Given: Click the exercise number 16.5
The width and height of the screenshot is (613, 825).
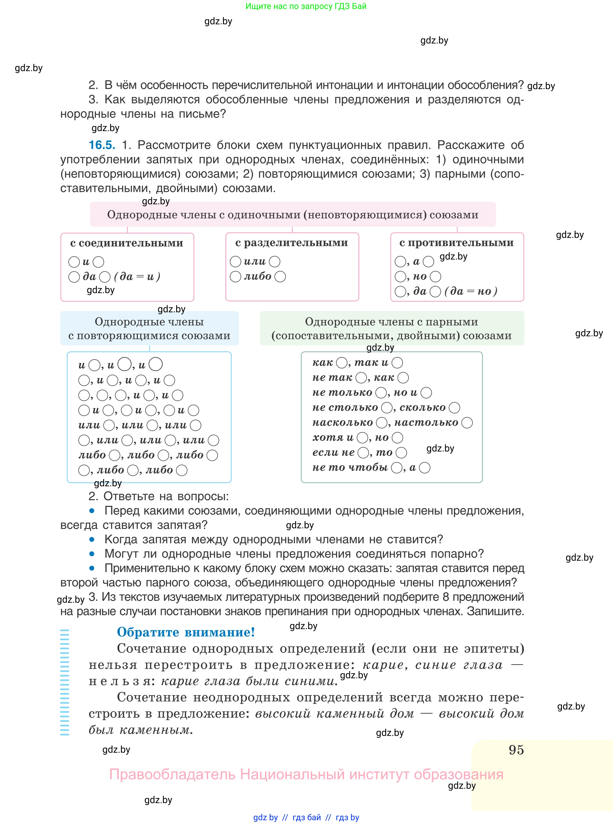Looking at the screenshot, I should tap(102, 145).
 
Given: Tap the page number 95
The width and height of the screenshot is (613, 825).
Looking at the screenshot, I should tap(516, 750).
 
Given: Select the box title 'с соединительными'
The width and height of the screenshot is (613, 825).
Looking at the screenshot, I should tap(127, 243).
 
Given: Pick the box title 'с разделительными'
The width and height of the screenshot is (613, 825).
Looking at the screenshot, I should tap(292, 243).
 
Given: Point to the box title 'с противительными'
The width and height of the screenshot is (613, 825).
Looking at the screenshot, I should tap(456, 243).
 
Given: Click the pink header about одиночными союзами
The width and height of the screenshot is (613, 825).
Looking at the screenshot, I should tap(293, 215).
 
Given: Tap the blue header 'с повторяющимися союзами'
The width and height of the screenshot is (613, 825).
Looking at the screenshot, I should tap(149, 329).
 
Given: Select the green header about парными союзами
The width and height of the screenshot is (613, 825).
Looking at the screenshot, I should tap(392, 329).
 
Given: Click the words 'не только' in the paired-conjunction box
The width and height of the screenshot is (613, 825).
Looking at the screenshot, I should tap(342, 392).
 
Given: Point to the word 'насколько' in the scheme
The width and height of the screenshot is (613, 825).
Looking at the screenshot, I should tap(342, 422).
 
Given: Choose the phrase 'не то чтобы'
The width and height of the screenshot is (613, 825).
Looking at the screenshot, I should tap(350, 467).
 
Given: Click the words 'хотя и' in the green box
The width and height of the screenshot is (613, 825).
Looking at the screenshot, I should tap(333, 437).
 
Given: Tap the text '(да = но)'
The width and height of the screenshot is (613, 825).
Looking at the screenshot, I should tap(470, 291).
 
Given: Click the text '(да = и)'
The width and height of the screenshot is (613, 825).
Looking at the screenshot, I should tap(137, 277).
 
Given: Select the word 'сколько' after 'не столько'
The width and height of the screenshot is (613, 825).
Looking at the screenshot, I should tap(422, 408).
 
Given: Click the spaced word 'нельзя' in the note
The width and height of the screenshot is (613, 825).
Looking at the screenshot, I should tap(119, 681).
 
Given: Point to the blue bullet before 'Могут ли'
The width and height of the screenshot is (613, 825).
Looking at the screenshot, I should tap(92, 554).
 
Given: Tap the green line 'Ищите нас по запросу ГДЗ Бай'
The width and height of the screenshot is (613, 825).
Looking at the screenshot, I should tap(306, 6).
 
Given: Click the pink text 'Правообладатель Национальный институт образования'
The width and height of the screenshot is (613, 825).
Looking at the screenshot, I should tap(306, 774).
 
